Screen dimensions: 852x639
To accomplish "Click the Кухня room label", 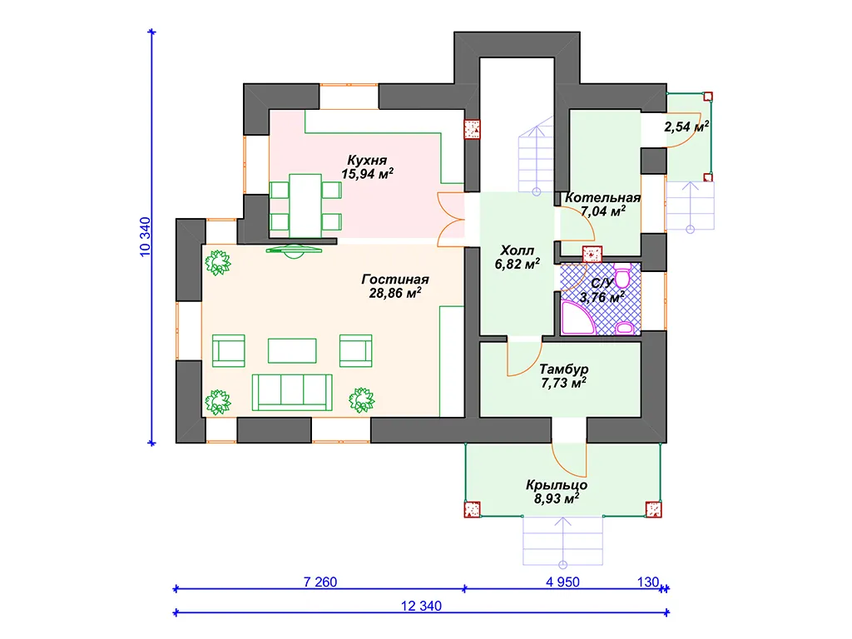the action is tap(367, 161).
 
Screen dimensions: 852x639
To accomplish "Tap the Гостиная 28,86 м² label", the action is tap(395, 286).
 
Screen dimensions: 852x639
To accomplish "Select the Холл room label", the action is tap(517, 250).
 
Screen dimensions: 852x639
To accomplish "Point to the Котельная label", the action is tap(602, 198).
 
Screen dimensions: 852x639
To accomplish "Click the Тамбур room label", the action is tap(563, 369).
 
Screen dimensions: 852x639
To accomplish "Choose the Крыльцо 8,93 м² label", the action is tap(557, 492).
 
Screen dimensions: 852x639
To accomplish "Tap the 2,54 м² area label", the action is tap(686, 126).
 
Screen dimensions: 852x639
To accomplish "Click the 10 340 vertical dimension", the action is tap(145, 237).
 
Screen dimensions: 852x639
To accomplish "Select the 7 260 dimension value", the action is tap(320, 582).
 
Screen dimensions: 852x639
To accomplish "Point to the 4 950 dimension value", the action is tap(562, 582).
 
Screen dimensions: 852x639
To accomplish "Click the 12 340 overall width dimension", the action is tap(421, 606).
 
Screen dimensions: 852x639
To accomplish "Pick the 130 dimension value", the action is tap(647, 582).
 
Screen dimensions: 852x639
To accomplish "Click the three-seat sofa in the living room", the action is tap(292, 392).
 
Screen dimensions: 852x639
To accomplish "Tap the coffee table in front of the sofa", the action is tap(292, 350).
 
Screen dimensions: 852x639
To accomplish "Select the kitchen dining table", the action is tap(305, 206).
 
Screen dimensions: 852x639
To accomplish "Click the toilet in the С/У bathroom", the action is tap(622, 276).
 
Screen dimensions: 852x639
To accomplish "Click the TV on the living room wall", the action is tap(294, 251).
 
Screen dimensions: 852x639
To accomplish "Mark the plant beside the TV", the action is tap(218, 263).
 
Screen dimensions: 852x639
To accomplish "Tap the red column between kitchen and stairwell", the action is tap(472, 129).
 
